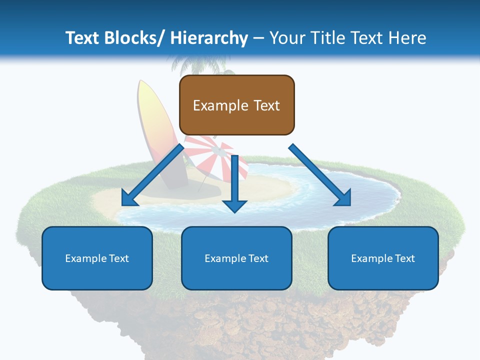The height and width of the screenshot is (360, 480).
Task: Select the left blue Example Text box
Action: click(x=97, y=258)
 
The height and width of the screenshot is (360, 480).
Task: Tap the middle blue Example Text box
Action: click(x=236, y=258)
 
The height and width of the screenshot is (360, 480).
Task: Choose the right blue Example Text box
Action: click(x=383, y=258)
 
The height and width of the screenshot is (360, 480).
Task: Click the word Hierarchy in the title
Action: click(x=209, y=38)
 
